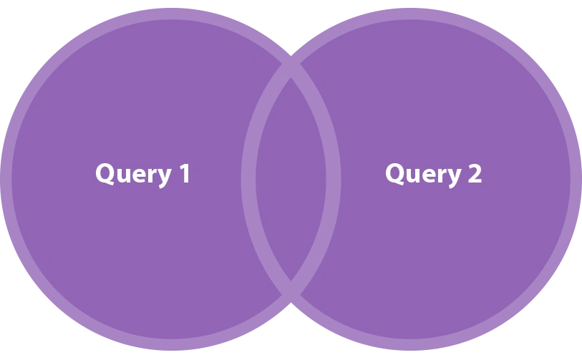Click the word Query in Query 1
click(x=134, y=175)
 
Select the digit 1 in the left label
click(x=185, y=173)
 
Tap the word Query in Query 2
click(x=424, y=175)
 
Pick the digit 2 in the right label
click(x=475, y=173)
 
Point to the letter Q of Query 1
click(x=105, y=174)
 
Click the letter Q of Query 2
click(x=395, y=174)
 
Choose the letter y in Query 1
click(x=164, y=178)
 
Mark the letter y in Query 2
click(x=454, y=178)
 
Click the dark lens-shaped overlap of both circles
click(x=291, y=179)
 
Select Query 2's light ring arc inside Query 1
click(x=248, y=179)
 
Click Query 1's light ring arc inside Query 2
click(x=334, y=179)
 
